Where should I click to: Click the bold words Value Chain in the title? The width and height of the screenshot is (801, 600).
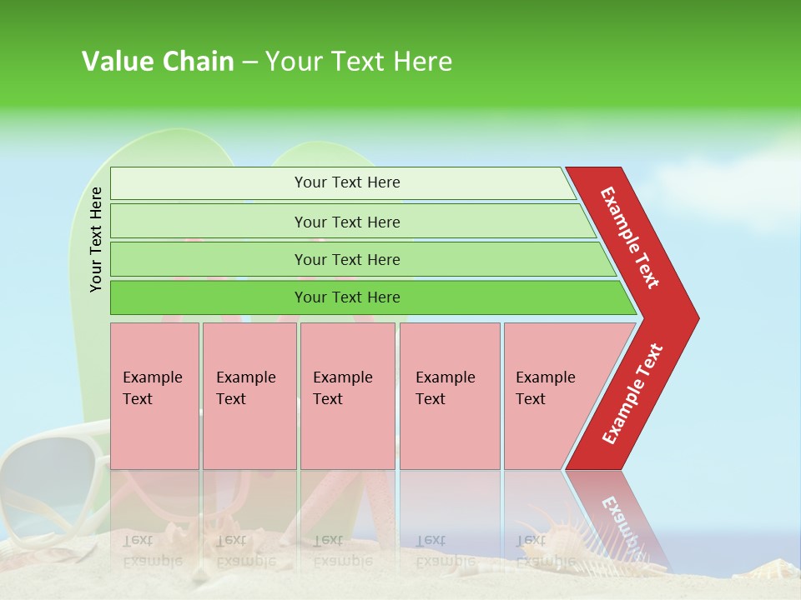[x=158, y=62]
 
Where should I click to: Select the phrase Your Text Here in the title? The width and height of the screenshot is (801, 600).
[x=359, y=62]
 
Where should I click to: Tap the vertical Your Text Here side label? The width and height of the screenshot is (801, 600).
[x=96, y=239]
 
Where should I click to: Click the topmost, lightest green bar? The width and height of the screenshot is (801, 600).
[x=342, y=182]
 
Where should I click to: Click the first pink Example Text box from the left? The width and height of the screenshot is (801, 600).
[x=154, y=396]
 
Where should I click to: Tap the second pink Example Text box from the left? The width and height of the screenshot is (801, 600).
[x=249, y=396]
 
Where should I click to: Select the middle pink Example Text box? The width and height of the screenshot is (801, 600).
[x=347, y=396]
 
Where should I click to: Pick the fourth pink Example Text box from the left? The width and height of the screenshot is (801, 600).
[x=449, y=396]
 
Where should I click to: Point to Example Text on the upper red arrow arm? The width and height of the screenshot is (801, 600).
[x=630, y=237]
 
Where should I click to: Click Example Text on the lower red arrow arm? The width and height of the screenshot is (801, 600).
[x=632, y=393]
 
